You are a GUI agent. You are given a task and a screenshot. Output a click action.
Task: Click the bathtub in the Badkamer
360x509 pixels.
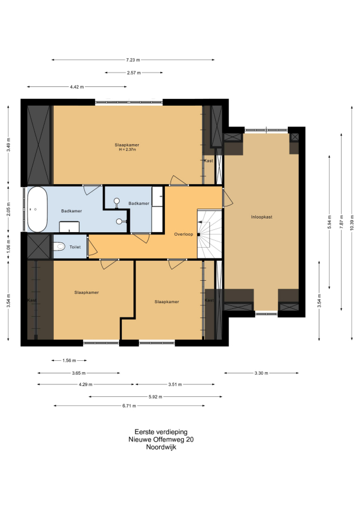point(37,209)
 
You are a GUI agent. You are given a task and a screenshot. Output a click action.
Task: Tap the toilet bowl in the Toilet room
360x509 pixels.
point(59,246)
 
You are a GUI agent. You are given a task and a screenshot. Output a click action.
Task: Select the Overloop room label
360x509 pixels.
point(184,234)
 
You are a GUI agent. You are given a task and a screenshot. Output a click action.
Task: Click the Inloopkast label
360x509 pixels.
point(262,217)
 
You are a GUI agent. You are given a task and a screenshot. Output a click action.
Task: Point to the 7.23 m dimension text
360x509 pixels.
point(133,59)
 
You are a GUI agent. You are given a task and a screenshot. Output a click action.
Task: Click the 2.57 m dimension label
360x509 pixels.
point(134,73)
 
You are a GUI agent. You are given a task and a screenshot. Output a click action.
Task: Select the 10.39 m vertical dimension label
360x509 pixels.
point(352,223)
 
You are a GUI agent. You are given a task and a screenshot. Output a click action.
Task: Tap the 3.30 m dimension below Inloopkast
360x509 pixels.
point(261,373)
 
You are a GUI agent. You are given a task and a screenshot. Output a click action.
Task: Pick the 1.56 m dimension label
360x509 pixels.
point(69,360)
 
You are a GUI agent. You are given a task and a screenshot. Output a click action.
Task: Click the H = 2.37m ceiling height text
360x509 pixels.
point(127,149)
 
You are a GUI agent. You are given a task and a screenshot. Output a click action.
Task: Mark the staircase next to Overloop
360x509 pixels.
point(209,234)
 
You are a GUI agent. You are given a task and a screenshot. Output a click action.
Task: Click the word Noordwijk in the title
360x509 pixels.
point(161,447)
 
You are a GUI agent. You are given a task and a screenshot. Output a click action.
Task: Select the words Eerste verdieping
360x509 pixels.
point(161,432)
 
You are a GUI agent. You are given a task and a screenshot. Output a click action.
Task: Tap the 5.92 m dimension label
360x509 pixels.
point(155,397)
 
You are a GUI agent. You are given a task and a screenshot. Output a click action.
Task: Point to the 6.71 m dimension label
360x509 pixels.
point(129,406)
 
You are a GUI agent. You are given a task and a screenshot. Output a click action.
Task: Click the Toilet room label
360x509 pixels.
point(75,247)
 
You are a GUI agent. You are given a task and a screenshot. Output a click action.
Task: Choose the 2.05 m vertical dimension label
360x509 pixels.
point(9,209)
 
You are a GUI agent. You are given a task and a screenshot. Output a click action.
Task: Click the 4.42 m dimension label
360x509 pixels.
point(77,87)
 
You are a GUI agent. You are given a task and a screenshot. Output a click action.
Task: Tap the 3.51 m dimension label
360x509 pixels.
point(175,384)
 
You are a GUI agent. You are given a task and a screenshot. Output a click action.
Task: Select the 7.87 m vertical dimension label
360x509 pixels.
point(342,221)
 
